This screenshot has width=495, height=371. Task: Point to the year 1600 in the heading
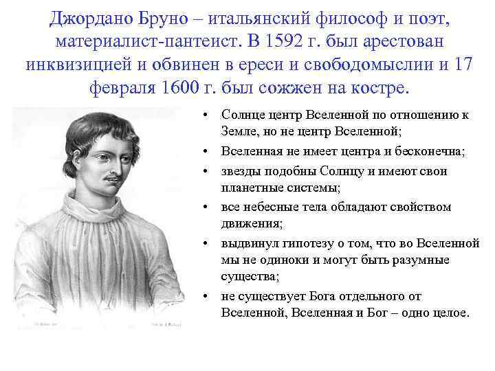[x=196, y=90]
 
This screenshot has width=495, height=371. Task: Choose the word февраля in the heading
[x=122, y=90]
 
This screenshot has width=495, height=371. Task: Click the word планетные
[x=252, y=186]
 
